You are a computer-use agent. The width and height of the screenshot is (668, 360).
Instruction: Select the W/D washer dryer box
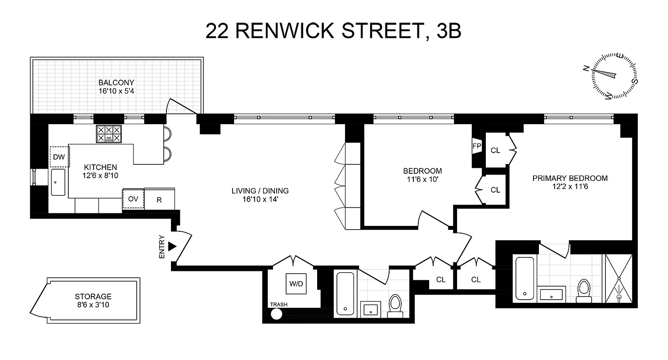pyautogui.click(x=296, y=283)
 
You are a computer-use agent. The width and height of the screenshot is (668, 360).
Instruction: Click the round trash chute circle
pyautogui.click(x=276, y=313)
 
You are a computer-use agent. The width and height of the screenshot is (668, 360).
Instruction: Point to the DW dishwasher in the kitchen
pyautogui.click(x=58, y=157)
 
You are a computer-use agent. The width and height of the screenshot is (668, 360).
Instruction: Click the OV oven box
pyautogui.click(x=133, y=199)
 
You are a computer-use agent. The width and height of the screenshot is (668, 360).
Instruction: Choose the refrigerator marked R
pyautogui.click(x=159, y=199)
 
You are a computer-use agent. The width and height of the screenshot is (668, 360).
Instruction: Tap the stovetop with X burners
pyautogui.click(x=109, y=134)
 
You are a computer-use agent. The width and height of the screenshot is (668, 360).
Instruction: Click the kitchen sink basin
pyautogui.click(x=58, y=182)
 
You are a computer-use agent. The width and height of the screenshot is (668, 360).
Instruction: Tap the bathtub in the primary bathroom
pyautogui.click(x=524, y=278)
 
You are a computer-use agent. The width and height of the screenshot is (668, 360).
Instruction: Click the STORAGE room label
pyautogui.click(x=93, y=297)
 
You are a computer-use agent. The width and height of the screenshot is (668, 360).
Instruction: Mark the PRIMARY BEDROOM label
pyautogui.click(x=570, y=178)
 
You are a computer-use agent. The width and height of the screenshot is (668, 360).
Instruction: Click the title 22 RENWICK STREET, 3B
pyautogui.click(x=333, y=31)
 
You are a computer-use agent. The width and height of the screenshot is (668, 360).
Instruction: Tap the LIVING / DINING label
pyautogui.click(x=260, y=191)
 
